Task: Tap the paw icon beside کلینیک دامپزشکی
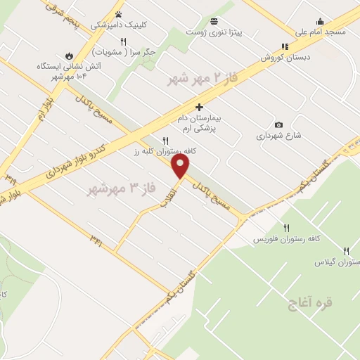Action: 118,13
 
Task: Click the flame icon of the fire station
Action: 69,55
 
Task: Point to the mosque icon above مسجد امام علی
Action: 321,21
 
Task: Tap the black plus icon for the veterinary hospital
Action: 200,107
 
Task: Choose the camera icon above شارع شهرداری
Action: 279,124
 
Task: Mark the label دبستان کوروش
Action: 284,58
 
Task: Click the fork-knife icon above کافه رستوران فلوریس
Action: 287,228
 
